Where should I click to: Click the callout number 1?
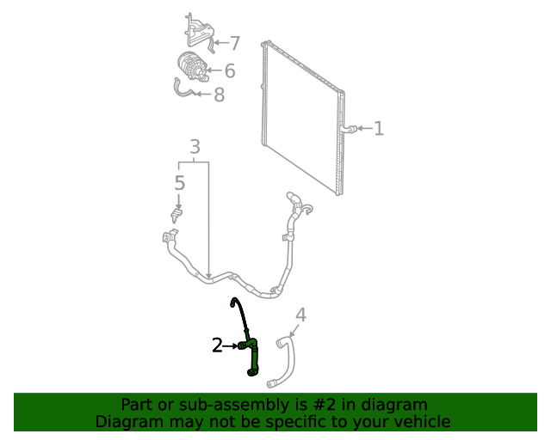379,129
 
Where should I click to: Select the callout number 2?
218,345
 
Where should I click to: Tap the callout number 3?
195,146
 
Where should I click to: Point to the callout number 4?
300,315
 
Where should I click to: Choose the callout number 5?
179,182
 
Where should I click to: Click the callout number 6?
230,71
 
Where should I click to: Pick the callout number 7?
234,43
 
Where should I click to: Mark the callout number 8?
219,95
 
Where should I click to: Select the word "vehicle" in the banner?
423,421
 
